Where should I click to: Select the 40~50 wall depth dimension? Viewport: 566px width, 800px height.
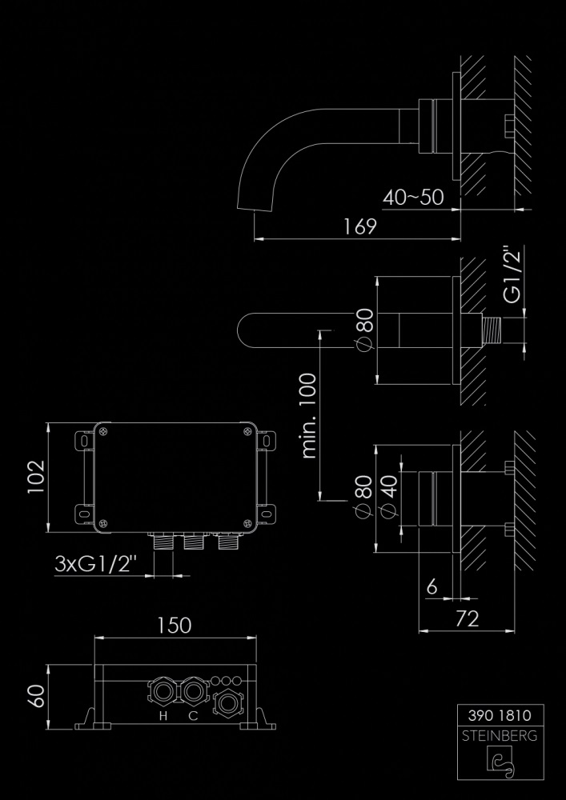click(413, 197)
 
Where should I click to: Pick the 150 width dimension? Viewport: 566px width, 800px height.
click(175, 625)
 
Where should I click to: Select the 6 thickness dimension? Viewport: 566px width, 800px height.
click(432, 587)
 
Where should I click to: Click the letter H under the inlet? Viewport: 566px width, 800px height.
click(163, 716)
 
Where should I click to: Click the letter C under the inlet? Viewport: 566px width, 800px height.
click(193, 716)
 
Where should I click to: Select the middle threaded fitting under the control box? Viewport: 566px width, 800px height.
click(192, 544)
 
